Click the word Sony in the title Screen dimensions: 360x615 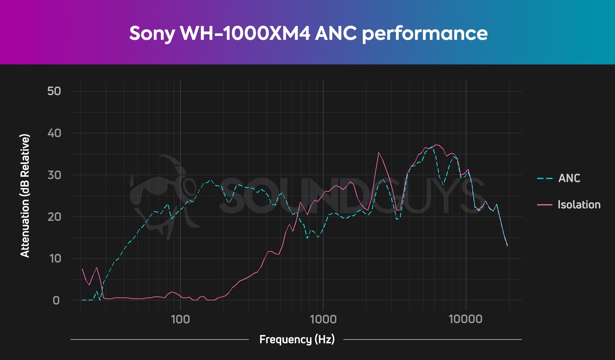(152, 34)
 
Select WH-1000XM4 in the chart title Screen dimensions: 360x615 (245, 33)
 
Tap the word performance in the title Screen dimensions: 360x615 (425, 34)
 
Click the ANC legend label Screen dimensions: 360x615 (569, 178)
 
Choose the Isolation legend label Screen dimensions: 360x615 (579, 205)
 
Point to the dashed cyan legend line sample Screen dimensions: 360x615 (545, 178)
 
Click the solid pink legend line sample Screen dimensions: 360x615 (545, 205)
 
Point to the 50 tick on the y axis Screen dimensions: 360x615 (54, 91)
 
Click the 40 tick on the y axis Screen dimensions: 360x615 (54, 133)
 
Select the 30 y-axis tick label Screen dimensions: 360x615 (54, 175)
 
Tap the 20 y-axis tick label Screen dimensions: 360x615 (54, 217)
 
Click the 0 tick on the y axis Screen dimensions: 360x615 (56, 300)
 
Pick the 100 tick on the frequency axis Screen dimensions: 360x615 (180, 319)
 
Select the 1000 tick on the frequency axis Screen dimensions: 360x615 (323, 319)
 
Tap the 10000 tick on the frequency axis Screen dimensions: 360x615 (465, 319)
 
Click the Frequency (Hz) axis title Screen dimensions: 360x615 (297, 339)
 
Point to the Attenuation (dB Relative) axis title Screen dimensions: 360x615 (25, 196)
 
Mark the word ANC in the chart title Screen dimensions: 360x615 (336, 33)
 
